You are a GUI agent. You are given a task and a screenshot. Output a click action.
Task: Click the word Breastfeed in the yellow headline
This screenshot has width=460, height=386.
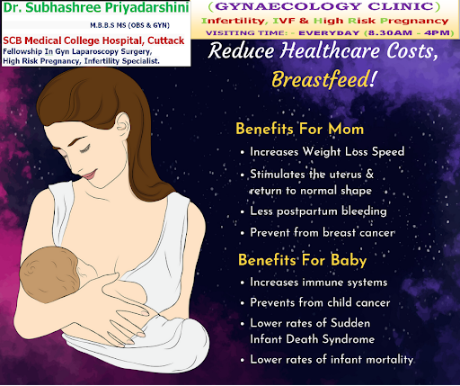(321, 79)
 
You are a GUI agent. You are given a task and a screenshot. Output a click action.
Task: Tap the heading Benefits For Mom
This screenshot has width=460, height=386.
(300, 129)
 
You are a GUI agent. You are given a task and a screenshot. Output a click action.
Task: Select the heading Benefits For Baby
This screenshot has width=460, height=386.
(303, 260)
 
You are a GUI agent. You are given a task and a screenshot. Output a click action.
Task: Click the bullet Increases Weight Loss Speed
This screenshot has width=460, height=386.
(327, 152)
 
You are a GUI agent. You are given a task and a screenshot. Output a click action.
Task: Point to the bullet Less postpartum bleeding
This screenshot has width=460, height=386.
(318, 211)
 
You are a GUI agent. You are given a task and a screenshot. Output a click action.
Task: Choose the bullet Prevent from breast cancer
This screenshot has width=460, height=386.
(323, 233)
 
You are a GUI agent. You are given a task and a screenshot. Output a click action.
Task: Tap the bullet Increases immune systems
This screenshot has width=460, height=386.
(319, 283)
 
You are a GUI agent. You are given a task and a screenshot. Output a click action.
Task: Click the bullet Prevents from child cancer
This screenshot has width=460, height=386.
(320, 302)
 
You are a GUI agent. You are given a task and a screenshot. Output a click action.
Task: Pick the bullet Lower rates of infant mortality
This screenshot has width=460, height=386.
(332, 359)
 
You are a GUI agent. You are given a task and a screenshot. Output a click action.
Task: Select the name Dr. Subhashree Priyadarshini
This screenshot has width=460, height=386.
(96, 8)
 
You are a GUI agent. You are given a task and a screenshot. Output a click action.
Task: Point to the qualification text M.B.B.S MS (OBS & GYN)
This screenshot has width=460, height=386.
(130, 25)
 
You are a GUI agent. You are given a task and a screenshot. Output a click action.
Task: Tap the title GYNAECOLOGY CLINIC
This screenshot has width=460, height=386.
(324, 6)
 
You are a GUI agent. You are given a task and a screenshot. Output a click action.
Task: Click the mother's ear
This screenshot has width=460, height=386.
(122, 126)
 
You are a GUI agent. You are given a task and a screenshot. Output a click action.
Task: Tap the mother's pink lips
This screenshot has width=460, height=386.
(90, 175)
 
